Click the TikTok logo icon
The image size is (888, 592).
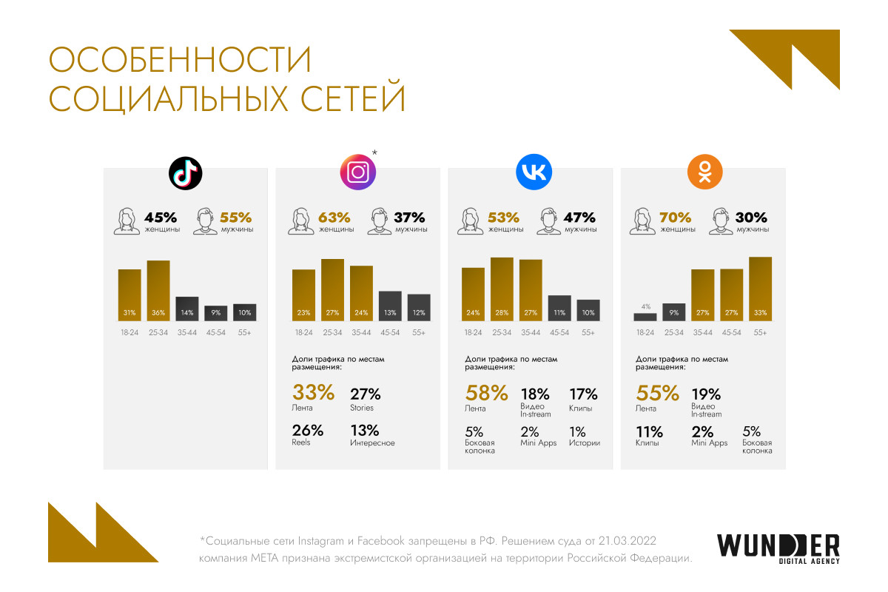185,173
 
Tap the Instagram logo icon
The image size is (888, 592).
358,173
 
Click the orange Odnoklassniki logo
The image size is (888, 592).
704,173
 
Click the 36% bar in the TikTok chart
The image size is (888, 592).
158,291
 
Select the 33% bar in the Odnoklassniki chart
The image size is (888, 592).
760,289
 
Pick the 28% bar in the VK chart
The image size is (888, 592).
502,289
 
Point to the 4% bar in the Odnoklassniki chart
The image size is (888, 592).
645,317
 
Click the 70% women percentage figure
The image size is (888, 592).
675,218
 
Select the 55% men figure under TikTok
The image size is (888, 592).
236,218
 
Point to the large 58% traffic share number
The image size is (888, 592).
486,393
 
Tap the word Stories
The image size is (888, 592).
362,408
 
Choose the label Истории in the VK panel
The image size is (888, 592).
585,443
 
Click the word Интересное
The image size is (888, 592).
372,443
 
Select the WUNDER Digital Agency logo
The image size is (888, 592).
778,548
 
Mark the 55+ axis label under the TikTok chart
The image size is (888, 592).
245,333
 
